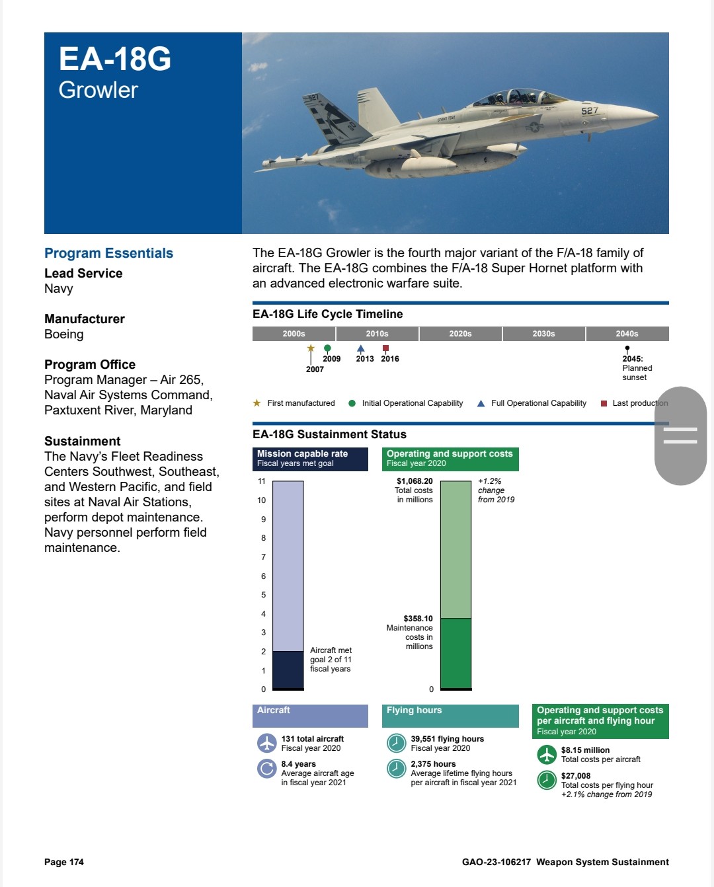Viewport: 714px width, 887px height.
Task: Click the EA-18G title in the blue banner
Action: click(115, 59)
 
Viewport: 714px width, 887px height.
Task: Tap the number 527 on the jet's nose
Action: click(590, 110)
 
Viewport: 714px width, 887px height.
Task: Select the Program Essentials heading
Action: click(108, 253)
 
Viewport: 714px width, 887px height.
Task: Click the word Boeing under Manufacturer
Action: click(64, 334)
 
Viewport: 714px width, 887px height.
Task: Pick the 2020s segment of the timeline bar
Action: click(460, 334)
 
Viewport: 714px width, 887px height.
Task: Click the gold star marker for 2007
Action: click(311, 348)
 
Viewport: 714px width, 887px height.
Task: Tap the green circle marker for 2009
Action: click(327, 348)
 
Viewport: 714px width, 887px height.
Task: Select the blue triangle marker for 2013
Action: click(360, 348)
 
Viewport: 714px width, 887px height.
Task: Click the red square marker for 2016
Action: click(385, 348)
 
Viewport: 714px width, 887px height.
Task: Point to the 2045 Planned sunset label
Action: click(637, 368)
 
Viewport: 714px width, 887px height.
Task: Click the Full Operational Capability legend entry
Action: click(538, 403)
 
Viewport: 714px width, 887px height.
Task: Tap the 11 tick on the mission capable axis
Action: click(262, 481)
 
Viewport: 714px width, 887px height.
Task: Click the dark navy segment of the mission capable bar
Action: click(288, 670)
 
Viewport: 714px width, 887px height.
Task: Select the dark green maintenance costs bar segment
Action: click(456, 653)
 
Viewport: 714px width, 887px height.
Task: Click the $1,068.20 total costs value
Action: click(415, 481)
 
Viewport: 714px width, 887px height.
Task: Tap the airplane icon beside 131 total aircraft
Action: click(266, 743)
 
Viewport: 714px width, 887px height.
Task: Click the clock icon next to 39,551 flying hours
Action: click(396, 743)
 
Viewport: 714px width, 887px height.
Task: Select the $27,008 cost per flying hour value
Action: click(576, 776)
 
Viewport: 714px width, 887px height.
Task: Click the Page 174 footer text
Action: click(64, 862)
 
